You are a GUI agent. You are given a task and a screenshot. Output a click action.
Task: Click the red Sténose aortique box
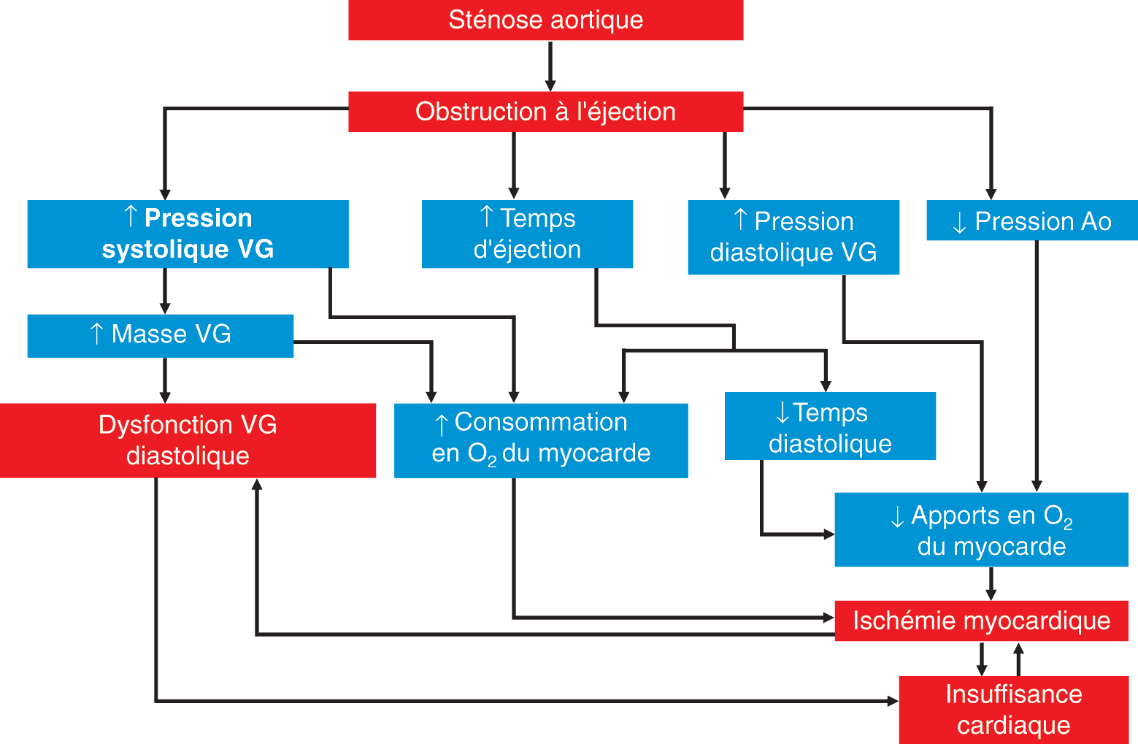point(546,20)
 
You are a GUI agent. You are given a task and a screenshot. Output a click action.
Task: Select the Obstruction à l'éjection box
point(546,112)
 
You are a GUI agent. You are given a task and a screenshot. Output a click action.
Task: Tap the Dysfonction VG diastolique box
point(188,440)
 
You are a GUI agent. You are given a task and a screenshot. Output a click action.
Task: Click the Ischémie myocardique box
point(981,621)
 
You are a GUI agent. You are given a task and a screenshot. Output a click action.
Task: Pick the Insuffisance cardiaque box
point(1013,709)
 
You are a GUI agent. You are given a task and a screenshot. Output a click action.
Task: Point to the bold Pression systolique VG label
point(188,234)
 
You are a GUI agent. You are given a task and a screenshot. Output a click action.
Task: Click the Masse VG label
point(161,334)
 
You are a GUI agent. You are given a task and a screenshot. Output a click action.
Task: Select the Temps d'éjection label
point(527,234)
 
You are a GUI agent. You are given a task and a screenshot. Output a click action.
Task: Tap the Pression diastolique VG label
point(793,237)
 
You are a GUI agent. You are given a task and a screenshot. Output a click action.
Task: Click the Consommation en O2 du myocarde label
point(541,438)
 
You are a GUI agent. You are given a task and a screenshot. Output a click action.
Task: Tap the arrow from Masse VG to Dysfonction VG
point(165,380)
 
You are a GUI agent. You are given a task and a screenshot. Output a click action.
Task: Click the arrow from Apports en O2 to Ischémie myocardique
point(991,583)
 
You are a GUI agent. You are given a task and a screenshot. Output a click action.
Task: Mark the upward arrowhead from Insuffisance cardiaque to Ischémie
point(1018,649)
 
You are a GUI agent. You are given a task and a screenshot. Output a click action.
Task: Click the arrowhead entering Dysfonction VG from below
point(257,485)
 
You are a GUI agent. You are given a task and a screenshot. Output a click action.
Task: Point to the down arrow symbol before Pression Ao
point(959,222)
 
